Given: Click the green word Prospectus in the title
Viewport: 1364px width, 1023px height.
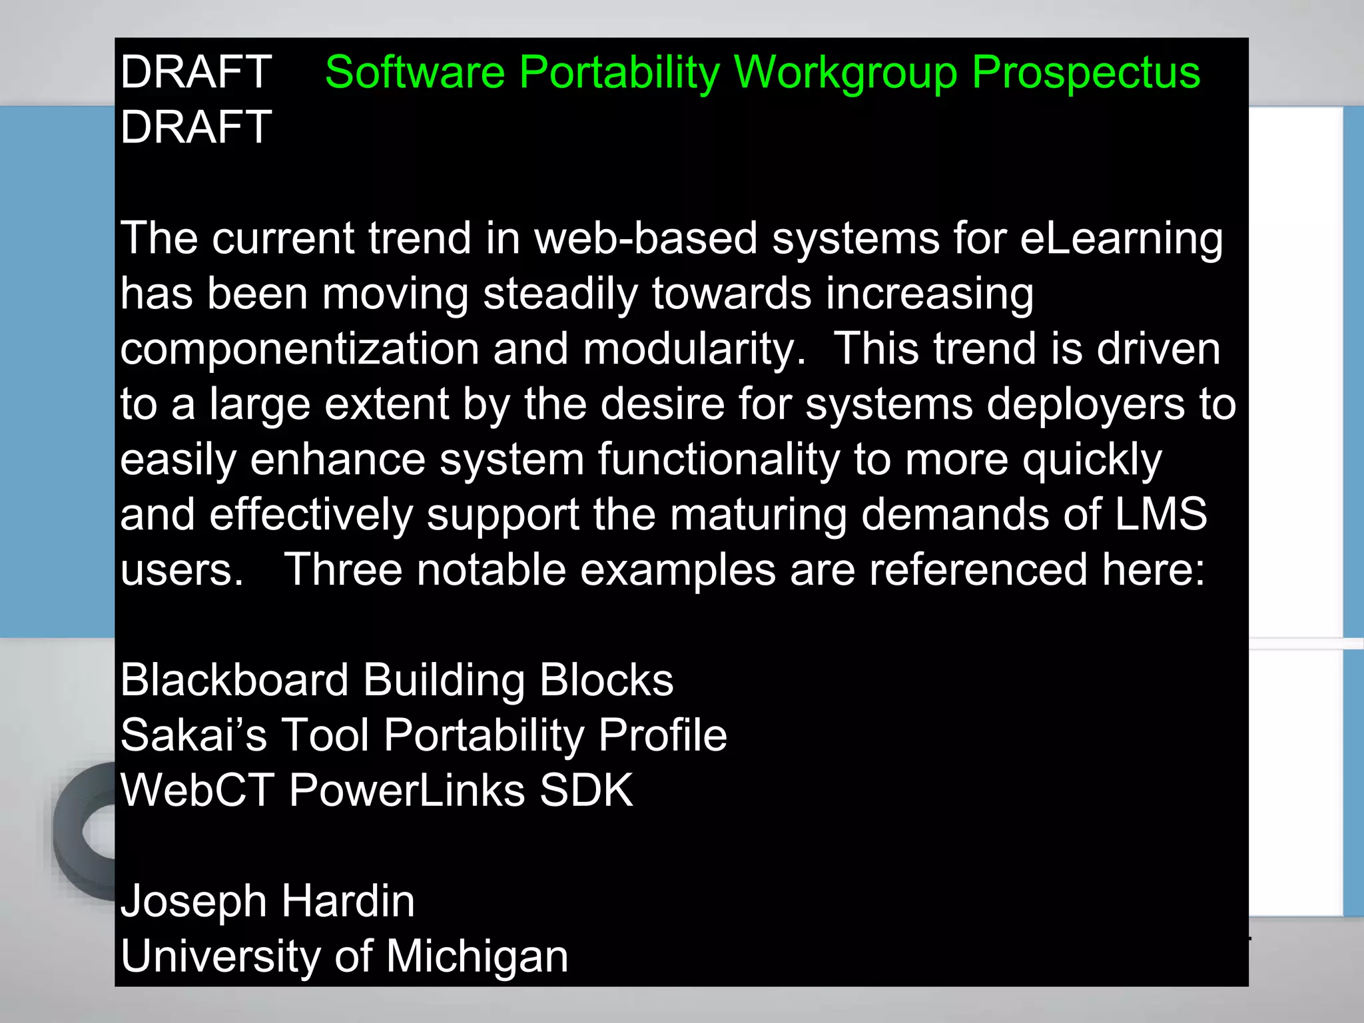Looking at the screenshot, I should [1086, 73].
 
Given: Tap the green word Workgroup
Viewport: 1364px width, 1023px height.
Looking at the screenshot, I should [845, 73].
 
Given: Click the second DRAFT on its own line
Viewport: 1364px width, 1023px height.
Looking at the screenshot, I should [196, 127].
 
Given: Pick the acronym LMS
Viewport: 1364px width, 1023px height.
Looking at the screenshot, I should [1161, 515].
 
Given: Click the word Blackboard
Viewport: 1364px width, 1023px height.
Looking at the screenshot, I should [234, 681].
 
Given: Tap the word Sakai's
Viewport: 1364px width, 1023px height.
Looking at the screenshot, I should [194, 735].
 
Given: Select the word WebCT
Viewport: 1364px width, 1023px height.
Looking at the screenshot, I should [197, 791].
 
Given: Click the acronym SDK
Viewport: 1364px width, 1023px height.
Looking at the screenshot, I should [586, 791].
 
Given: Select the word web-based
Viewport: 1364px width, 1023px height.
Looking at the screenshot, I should [646, 238].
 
